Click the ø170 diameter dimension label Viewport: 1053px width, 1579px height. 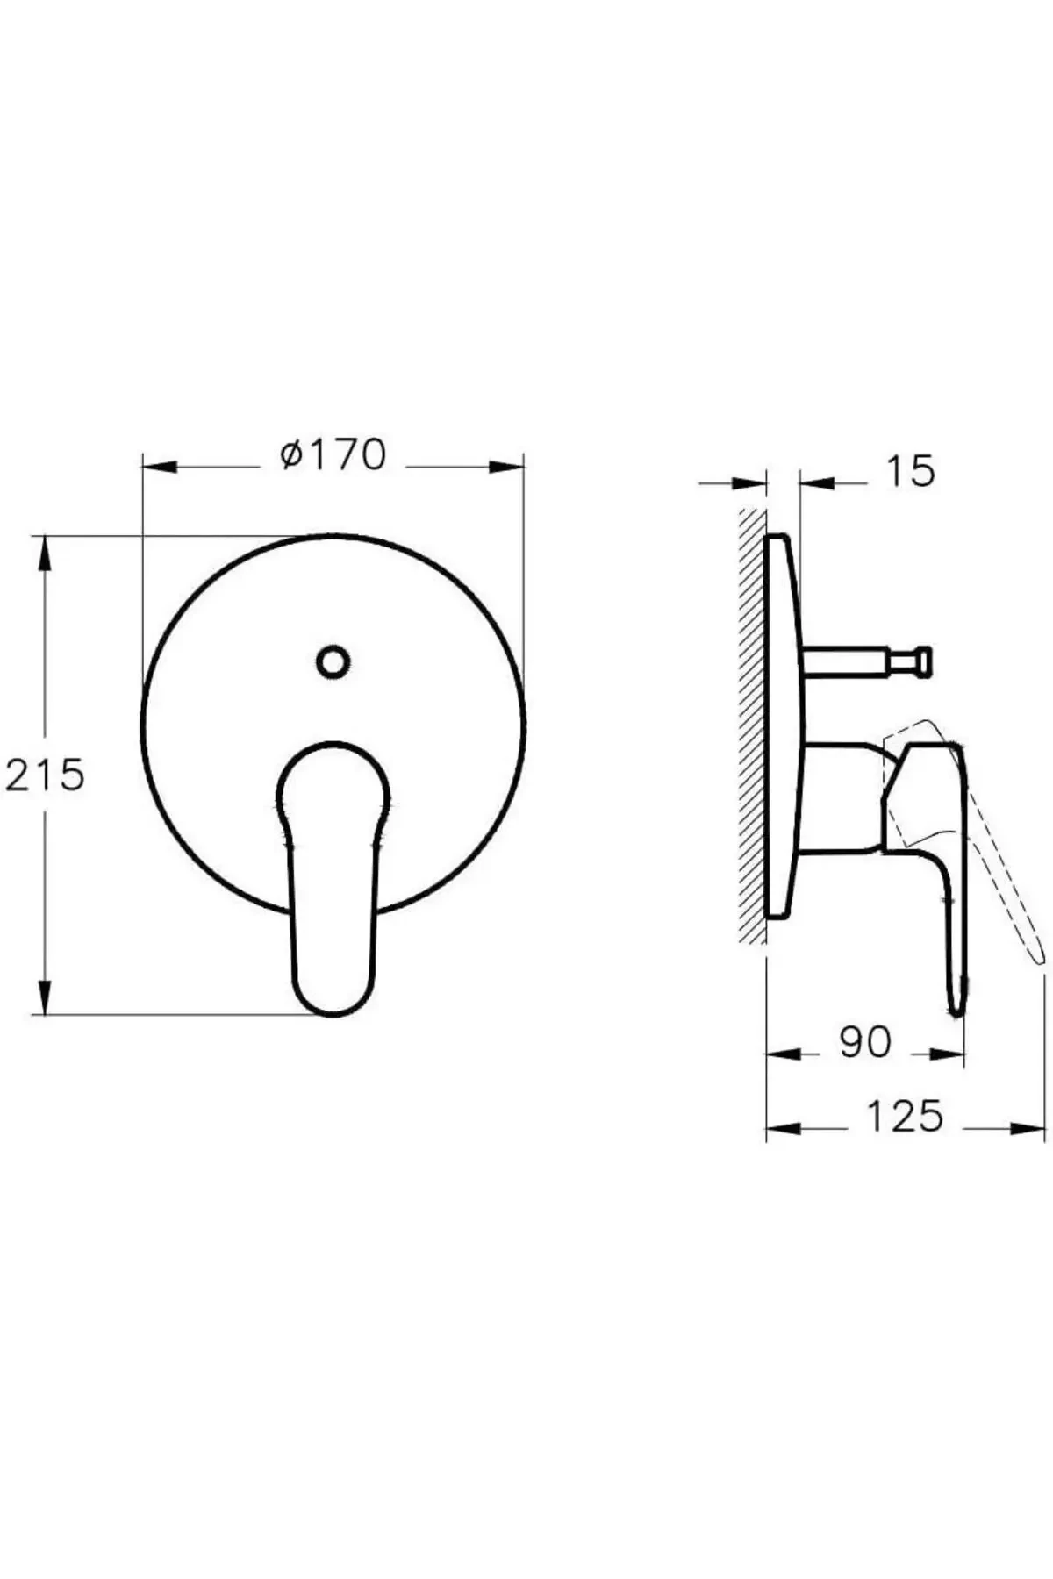(333, 455)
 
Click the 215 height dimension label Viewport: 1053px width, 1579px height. (46, 775)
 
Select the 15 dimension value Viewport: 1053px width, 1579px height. (910, 472)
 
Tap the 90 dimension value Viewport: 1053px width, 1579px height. (864, 1042)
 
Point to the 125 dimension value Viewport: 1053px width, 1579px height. (905, 1117)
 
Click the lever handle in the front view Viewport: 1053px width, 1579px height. (333, 912)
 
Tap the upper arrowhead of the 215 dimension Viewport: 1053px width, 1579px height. (44, 554)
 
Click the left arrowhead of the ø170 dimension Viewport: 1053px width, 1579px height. (159, 467)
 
